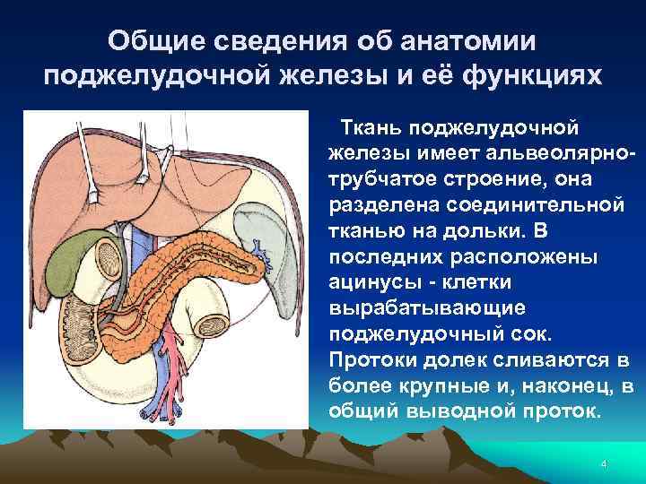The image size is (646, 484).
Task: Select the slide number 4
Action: point(604,464)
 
